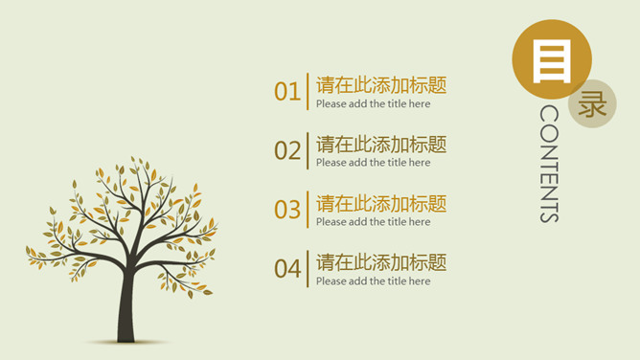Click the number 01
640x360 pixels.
coord(287,92)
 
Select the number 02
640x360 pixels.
coord(287,150)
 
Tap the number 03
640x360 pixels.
coord(287,210)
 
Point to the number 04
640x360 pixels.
coord(287,269)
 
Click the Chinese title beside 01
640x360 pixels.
coord(380,85)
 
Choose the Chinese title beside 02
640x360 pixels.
coord(380,145)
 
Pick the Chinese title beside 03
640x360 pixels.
coord(380,203)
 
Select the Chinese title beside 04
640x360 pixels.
coord(380,262)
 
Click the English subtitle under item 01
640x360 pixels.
coord(373,104)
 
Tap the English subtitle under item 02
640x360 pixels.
coord(373,163)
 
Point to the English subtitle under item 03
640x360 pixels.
coord(373,222)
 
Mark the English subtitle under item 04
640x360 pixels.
coord(373,281)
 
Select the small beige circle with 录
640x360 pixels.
coord(592,103)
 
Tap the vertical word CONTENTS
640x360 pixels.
coord(549,164)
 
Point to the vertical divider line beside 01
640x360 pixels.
coord(308,92)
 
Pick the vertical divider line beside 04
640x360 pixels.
coord(308,269)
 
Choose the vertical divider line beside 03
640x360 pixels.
coord(308,210)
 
